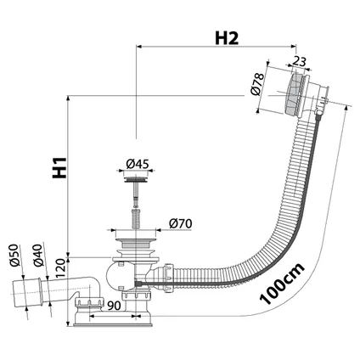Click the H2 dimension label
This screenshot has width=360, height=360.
click(227, 38)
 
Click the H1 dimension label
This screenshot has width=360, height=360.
click(59, 168)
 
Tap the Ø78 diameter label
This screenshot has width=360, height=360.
click(257, 84)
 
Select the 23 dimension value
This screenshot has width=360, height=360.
click(299, 61)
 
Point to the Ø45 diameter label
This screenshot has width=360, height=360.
click(138, 164)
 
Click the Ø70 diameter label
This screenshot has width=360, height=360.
click(180, 224)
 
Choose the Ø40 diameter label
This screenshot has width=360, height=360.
click(37, 256)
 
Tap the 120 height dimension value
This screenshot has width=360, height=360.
click(60, 269)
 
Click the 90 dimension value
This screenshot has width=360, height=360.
click(114, 306)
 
